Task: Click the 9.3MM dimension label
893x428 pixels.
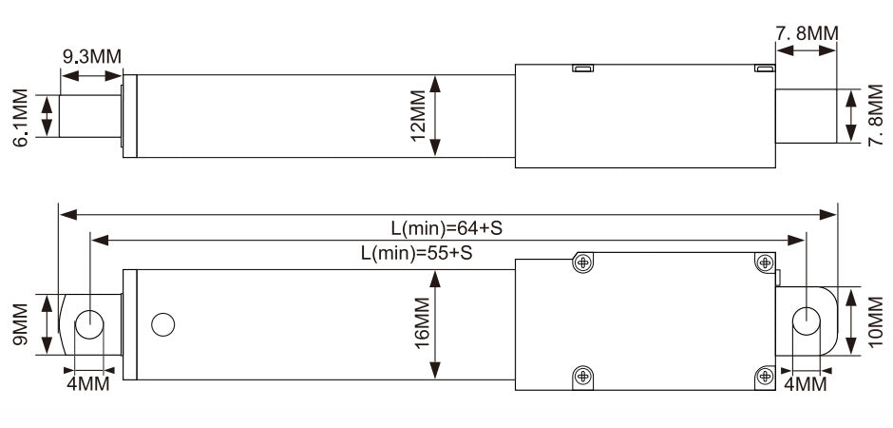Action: coord(92,57)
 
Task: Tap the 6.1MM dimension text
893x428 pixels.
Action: coord(21,118)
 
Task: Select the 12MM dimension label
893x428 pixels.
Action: coord(419,116)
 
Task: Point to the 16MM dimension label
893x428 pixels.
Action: coord(422,323)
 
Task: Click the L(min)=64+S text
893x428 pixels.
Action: coord(446,228)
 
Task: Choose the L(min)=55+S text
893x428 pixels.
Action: coord(417,253)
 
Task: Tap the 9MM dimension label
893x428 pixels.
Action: coord(21,324)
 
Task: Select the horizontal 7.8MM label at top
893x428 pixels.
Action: coord(807,33)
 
